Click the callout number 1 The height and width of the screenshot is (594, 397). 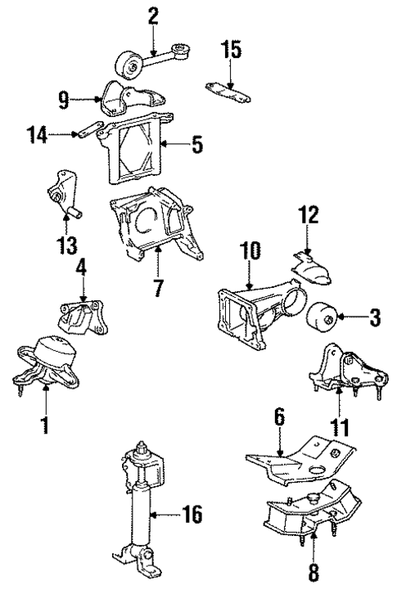click(x=45, y=425)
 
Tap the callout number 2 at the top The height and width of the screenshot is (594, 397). click(x=152, y=16)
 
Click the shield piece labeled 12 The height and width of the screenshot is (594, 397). click(x=314, y=268)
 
